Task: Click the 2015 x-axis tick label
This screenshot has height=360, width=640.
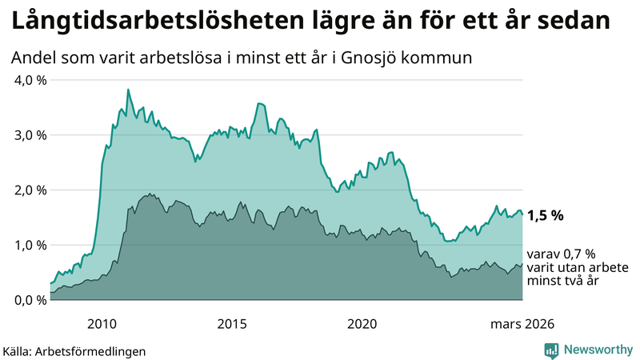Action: point(232,324)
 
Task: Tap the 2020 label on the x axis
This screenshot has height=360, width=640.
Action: point(362,324)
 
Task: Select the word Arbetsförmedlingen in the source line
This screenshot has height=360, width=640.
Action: point(97,350)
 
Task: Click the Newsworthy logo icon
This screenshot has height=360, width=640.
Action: point(552,350)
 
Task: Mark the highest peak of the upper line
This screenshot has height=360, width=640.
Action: point(128,90)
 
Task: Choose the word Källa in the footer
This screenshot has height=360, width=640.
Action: point(19,350)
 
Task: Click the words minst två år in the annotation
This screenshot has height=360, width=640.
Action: point(565,281)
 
